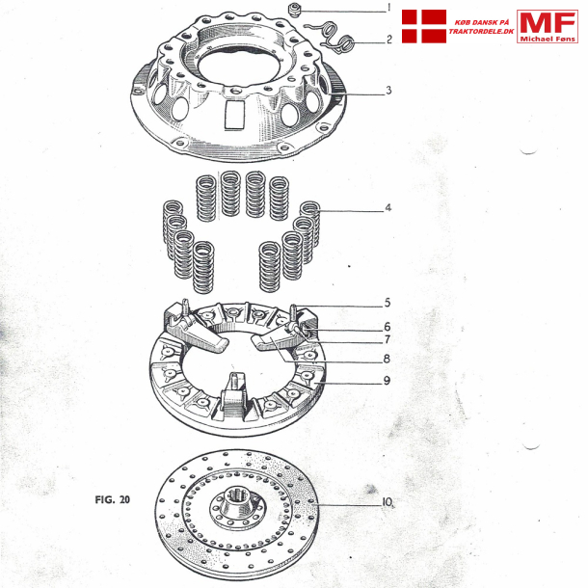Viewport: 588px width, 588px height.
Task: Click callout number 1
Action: [389, 8]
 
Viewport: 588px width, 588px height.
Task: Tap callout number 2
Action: [389, 40]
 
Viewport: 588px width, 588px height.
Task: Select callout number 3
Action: [388, 91]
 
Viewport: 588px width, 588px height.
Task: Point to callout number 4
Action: [388, 208]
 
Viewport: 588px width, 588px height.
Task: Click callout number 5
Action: [388, 303]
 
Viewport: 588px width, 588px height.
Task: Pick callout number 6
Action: [388, 327]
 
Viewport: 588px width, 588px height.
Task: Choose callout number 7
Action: [388, 339]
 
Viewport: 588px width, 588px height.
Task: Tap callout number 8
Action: [387, 359]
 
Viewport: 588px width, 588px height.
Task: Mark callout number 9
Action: [387, 381]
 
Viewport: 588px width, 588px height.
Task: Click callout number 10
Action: [388, 502]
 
